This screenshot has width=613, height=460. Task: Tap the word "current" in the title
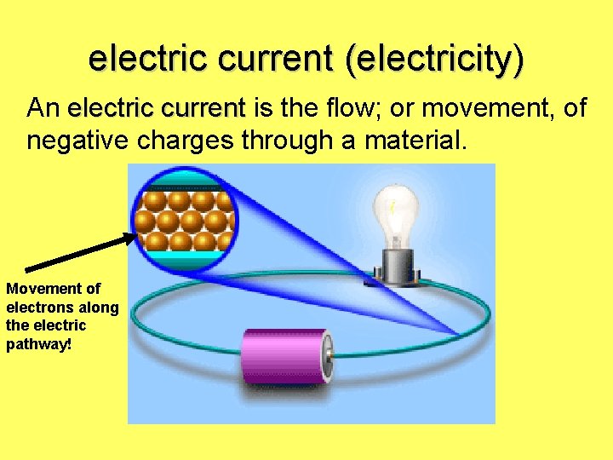pos(279,58)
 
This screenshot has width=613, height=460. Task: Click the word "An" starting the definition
pos(43,109)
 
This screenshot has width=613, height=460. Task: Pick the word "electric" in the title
pos(144,58)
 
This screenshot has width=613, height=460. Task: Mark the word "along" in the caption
pos(100,308)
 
